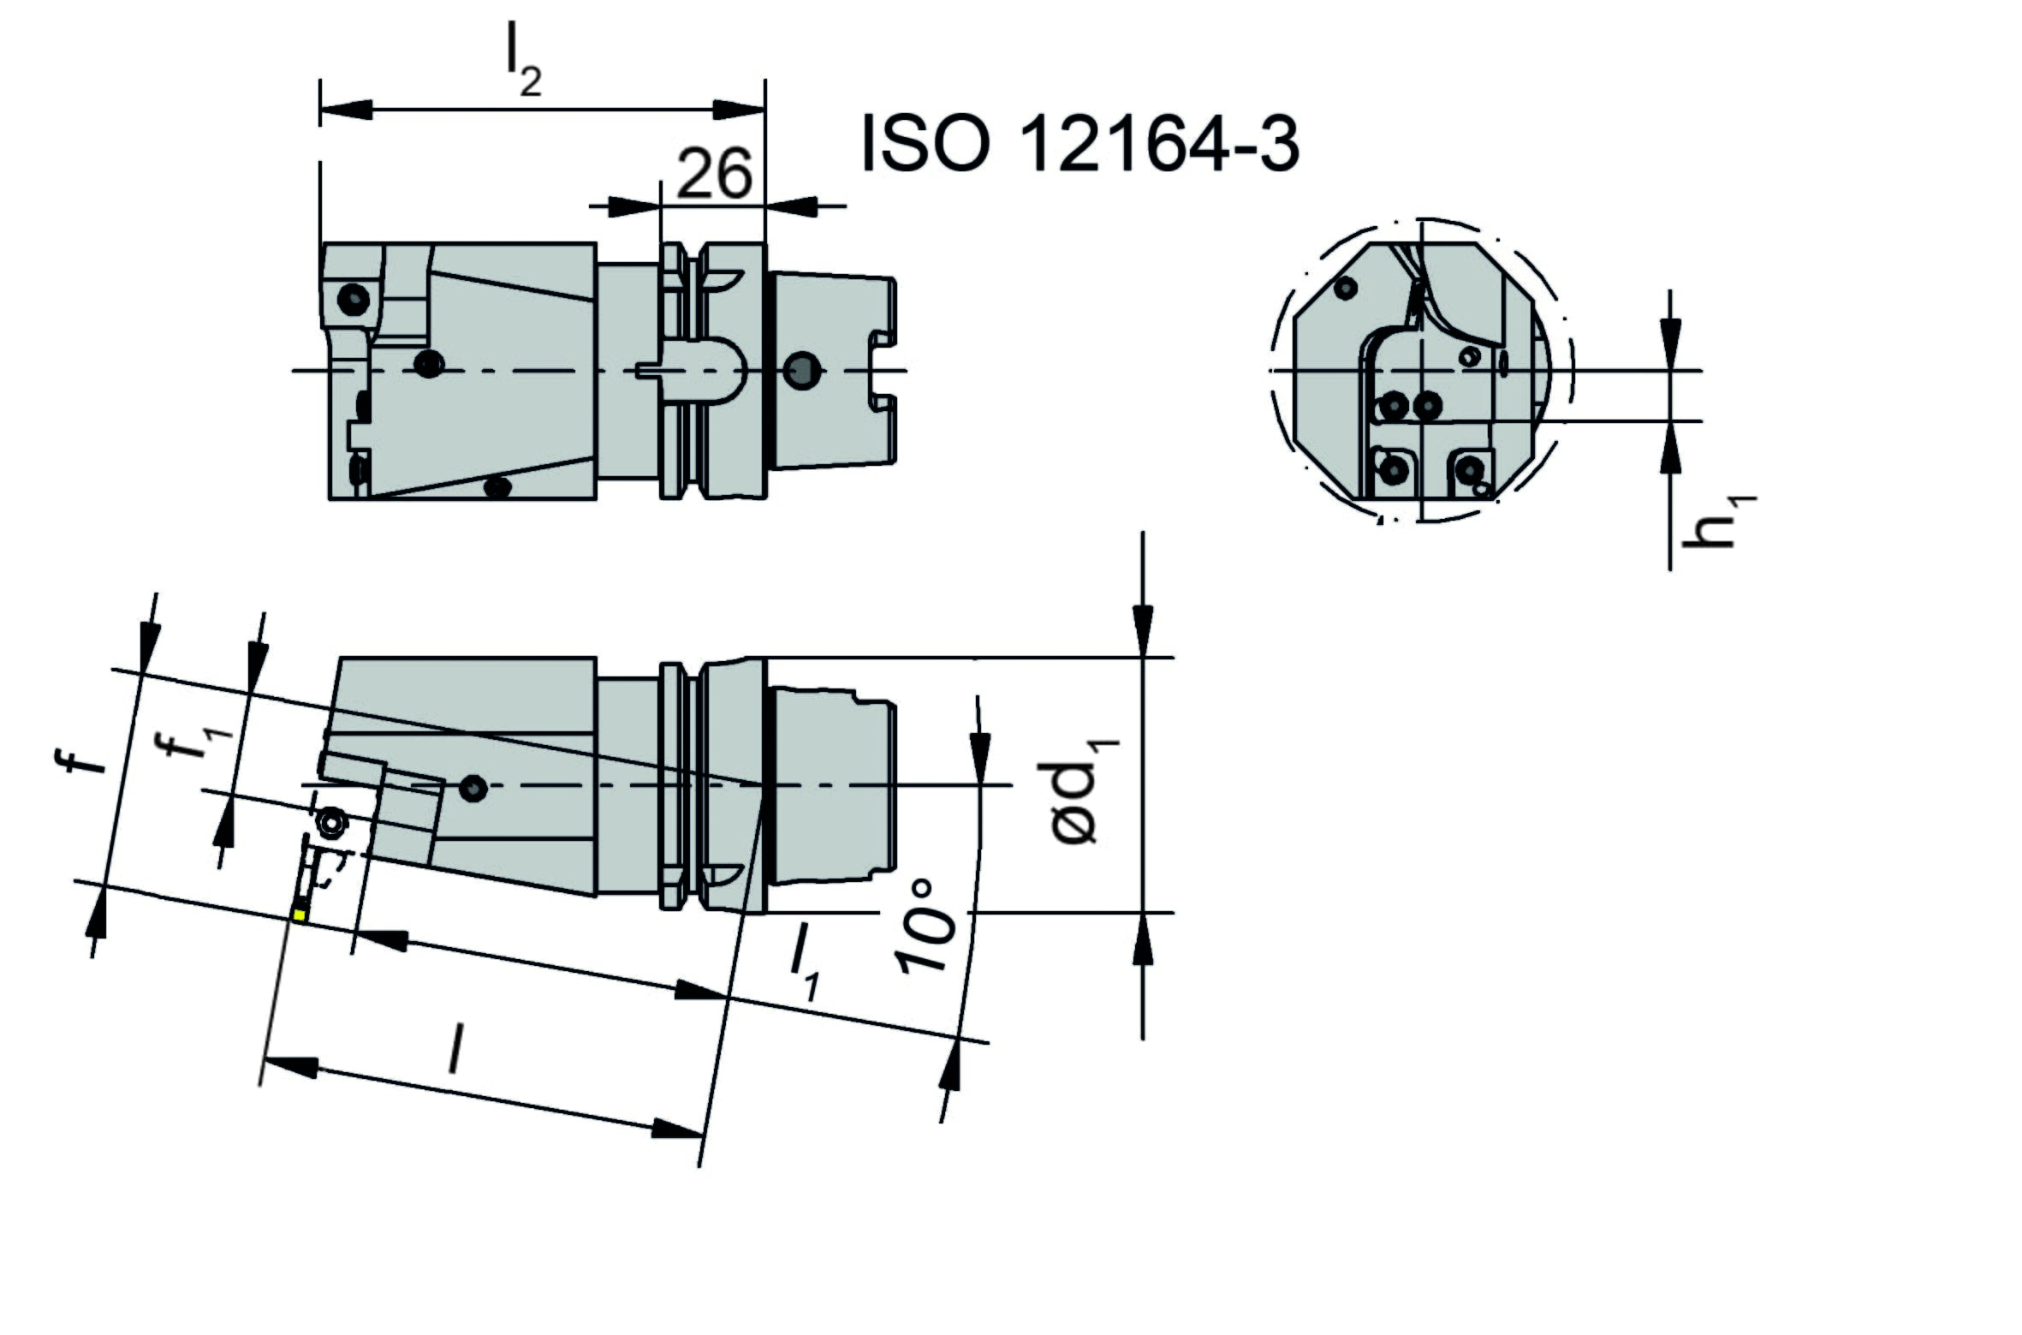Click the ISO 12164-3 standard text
tap(1080, 145)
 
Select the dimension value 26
tap(714, 174)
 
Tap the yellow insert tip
tap(299, 915)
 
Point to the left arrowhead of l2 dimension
tap(347, 110)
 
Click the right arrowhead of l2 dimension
tap(739, 110)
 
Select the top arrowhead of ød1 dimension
tap(1142, 631)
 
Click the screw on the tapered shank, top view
tap(802, 371)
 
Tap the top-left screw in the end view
tap(1346, 288)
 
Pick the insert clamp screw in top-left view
tap(354, 300)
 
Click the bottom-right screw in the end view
tap(1470, 469)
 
